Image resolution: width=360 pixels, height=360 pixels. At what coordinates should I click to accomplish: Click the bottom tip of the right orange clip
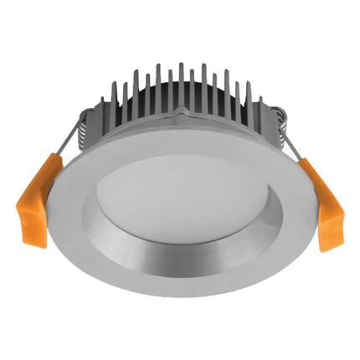pos(324,247)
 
